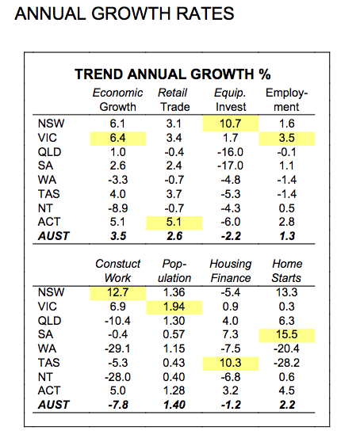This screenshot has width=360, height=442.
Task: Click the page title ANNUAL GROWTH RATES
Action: pyautogui.click(x=124, y=13)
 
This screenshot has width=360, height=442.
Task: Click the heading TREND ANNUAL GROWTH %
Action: pyautogui.click(x=172, y=74)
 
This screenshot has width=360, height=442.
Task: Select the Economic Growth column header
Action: pyautogui.click(x=117, y=100)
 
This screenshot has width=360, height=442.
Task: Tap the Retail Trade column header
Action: pyautogui.click(x=174, y=100)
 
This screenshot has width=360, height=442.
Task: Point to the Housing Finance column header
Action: pyautogui.click(x=231, y=271)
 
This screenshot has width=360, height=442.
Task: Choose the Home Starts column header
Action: pyautogui.click(x=286, y=271)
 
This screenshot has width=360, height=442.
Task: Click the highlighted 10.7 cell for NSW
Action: pyautogui.click(x=231, y=124)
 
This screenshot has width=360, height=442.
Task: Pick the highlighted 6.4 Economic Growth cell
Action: pyautogui.click(x=118, y=138)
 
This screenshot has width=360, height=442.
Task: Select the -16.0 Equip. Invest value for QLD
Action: pyautogui.click(x=230, y=152)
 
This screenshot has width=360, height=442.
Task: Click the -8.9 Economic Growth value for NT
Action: pyautogui.click(x=118, y=208)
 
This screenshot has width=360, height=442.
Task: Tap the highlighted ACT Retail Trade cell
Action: pyautogui.click(x=174, y=223)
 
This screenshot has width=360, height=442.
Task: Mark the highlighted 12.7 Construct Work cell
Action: pyautogui.click(x=118, y=293)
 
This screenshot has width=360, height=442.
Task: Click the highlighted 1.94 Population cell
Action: pyautogui.click(x=174, y=307)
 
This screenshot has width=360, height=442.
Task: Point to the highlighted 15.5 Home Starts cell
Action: pyautogui.click(x=287, y=335)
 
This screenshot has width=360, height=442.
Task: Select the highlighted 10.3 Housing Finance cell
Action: pyautogui.click(x=231, y=363)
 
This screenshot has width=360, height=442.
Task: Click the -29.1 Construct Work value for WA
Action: pyautogui.click(x=117, y=349)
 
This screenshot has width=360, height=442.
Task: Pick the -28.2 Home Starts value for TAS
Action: pyautogui.click(x=286, y=363)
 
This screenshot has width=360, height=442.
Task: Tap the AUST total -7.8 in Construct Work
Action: pyautogui.click(x=118, y=405)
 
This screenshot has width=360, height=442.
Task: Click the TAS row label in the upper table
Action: pyautogui.click(x=49, y=194)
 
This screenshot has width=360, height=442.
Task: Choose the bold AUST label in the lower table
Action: pyautogui.click(x=54, y=405)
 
